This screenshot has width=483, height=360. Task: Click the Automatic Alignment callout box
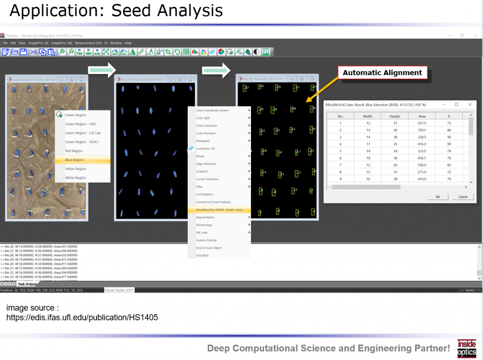(382, 73)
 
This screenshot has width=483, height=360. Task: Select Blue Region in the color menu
(75, 160)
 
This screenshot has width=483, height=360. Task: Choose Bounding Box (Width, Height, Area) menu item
(219, 209)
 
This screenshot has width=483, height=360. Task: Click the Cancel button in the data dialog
(462, 197)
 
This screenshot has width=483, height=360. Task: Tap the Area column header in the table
(422, 116)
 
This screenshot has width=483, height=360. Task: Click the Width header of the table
(367, 116)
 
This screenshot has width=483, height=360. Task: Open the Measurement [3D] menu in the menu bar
(88, 43)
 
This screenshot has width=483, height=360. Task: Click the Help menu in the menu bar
(128, 43)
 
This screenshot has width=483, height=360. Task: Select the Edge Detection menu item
(206, 164)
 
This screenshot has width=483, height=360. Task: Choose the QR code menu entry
(202, 233)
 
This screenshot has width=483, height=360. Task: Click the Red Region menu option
(74, 151)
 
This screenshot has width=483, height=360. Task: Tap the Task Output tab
(27, 284)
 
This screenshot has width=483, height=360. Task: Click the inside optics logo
(466, 348)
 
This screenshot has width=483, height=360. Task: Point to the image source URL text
(82, 318)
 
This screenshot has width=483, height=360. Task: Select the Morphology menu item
(204, 225)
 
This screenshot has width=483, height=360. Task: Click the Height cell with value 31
(395, 123)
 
